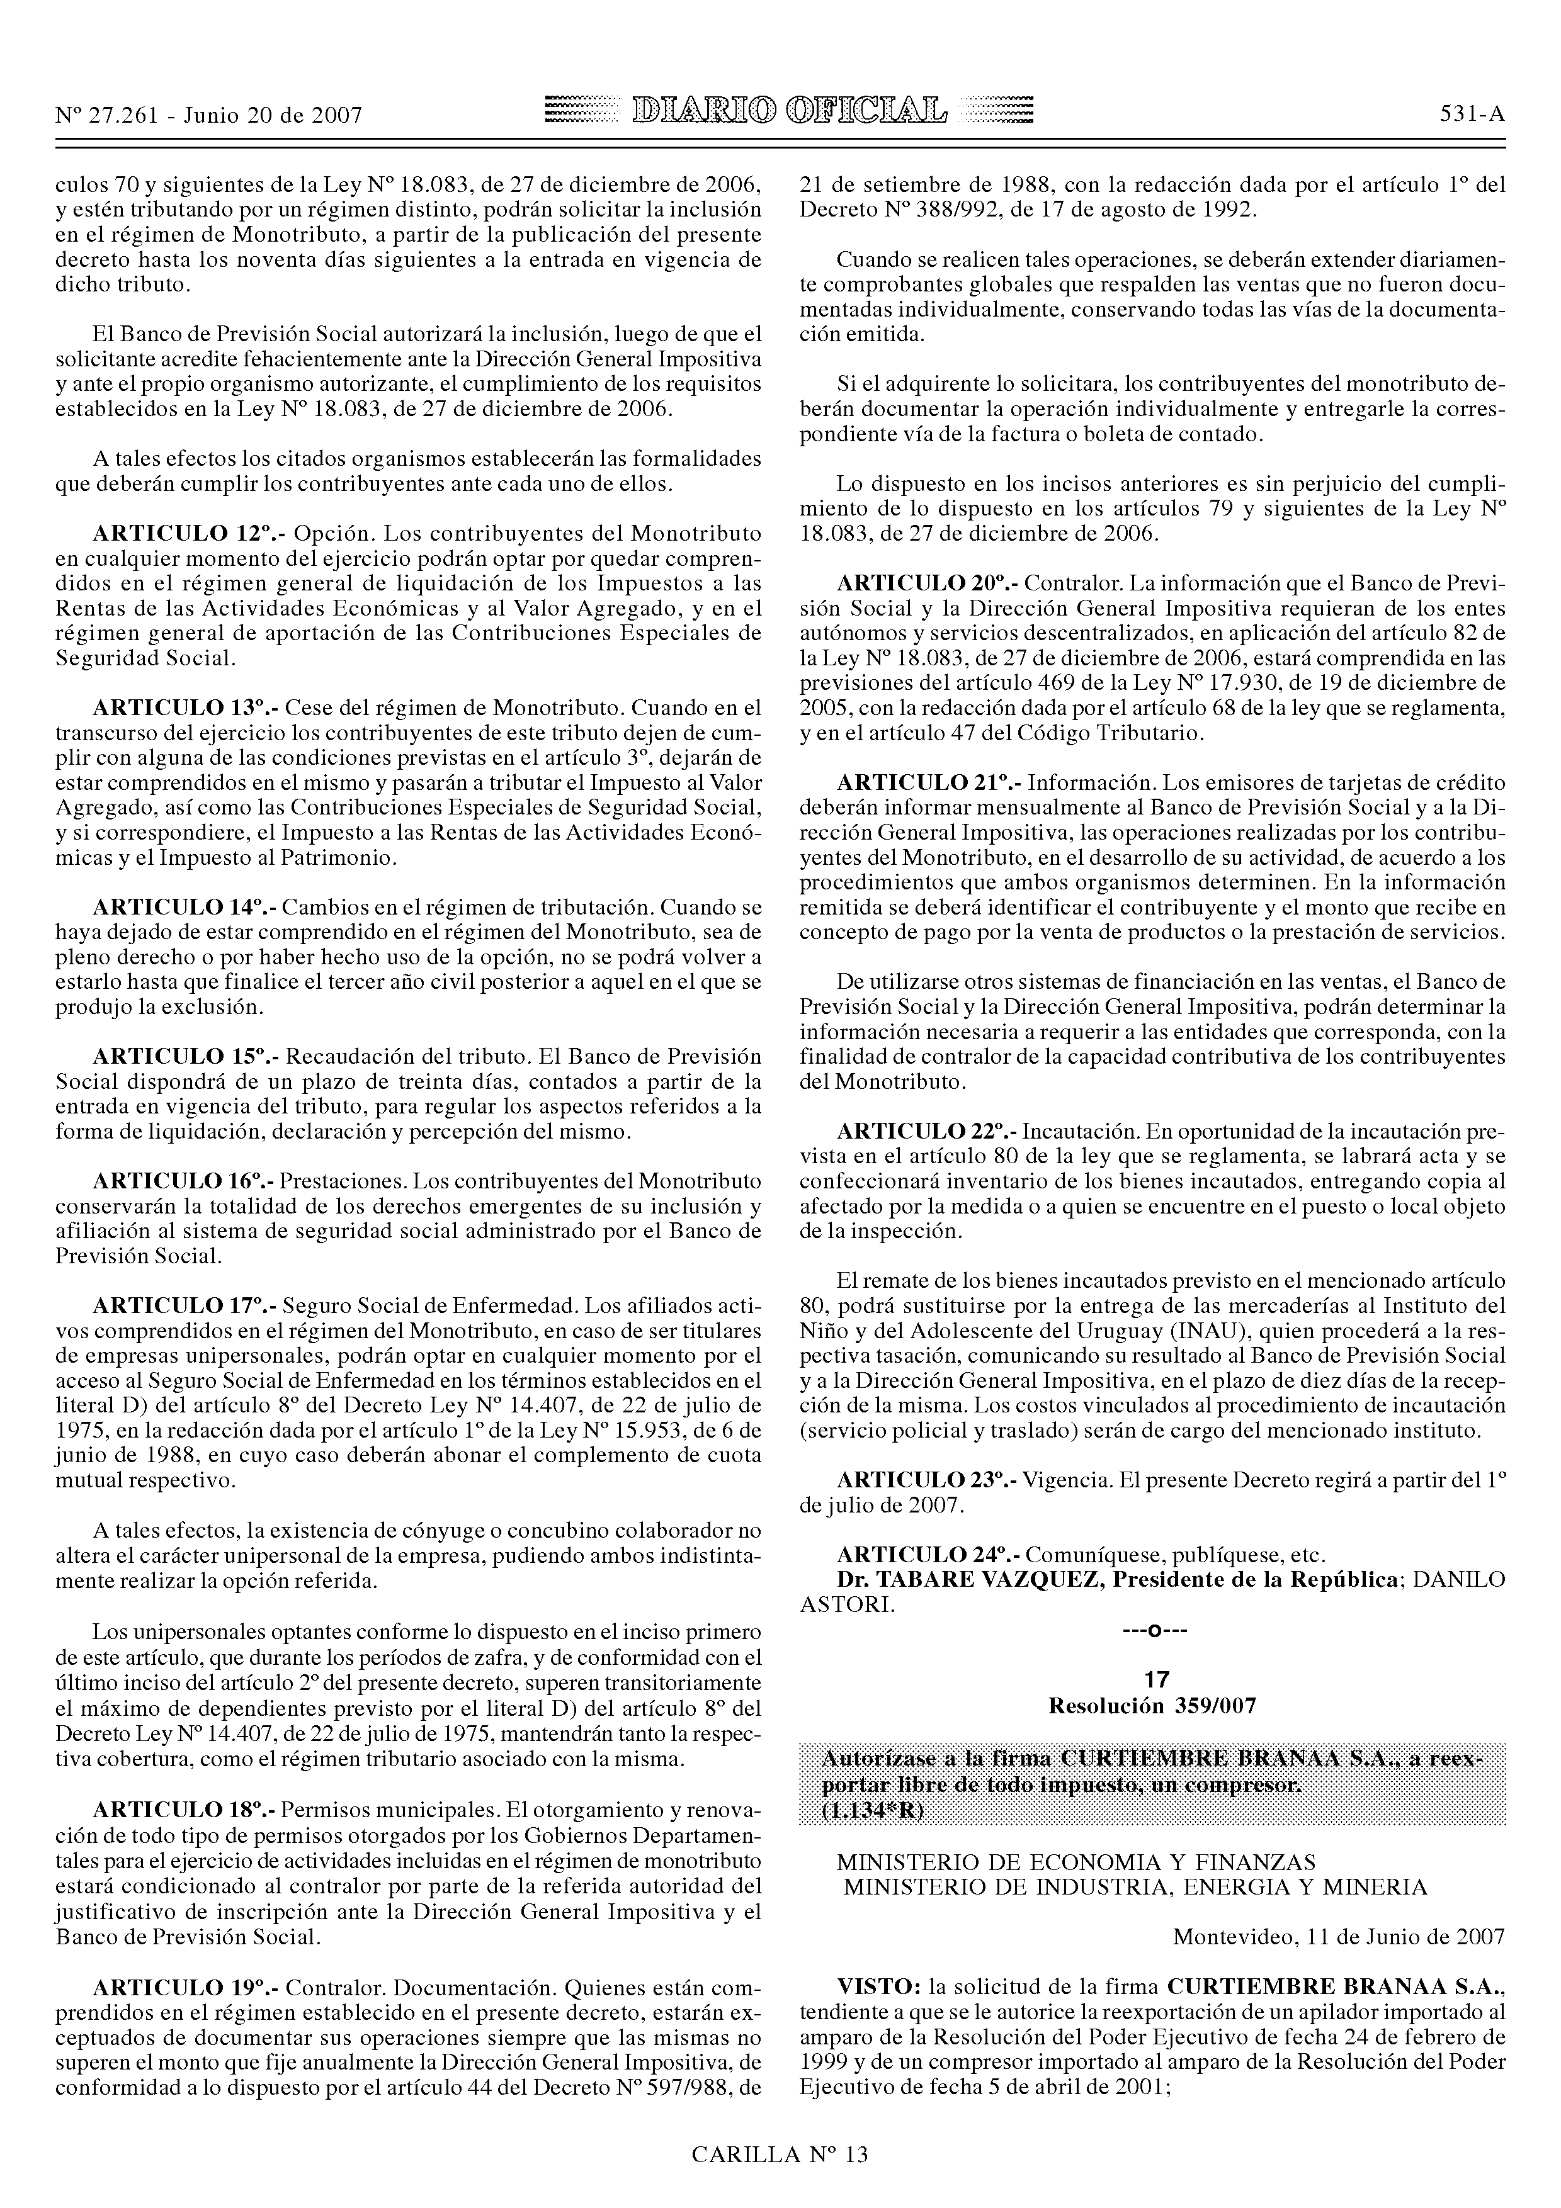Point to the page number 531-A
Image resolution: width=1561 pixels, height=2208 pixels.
click(x=1472, y=115)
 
